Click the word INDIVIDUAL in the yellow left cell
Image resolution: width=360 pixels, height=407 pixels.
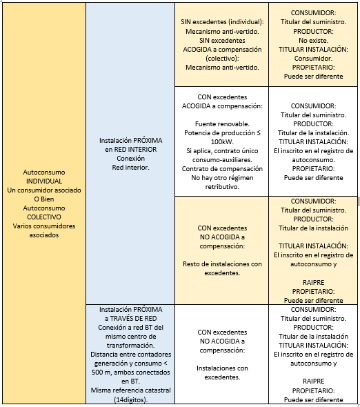(x=44, y=181)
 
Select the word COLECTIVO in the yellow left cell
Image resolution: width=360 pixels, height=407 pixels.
(x=44, y=217)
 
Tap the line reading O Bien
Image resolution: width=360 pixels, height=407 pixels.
(x=44, y=199)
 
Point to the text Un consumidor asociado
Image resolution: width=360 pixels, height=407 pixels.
(x=44, y=190)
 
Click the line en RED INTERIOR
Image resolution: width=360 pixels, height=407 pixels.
(x=131, y=150)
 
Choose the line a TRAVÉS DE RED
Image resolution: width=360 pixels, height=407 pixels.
(x=131, y=319)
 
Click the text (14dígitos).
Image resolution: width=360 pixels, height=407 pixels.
(x=131, y=399)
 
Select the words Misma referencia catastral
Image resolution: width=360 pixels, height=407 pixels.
(x=131, y=390)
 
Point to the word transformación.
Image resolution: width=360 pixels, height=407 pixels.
(x=131, y=346)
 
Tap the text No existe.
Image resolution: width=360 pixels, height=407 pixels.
(x=313, y=41)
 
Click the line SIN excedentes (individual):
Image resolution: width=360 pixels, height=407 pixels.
(x=222, y=22)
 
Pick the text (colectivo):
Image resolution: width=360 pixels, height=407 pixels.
(x=222, y=59)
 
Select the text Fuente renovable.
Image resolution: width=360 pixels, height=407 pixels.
(x=222, y=124)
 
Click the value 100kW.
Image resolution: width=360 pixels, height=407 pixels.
(x=222, y=142)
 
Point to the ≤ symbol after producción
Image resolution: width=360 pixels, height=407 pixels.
(x=259, y=133)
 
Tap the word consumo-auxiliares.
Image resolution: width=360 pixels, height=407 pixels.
(x=222, y=160)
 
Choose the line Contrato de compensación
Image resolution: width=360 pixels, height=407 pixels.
(x=222, y=169)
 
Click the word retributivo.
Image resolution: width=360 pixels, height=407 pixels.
(x=222, y=187)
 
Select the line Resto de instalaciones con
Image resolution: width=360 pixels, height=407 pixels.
(x=222, y=264)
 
